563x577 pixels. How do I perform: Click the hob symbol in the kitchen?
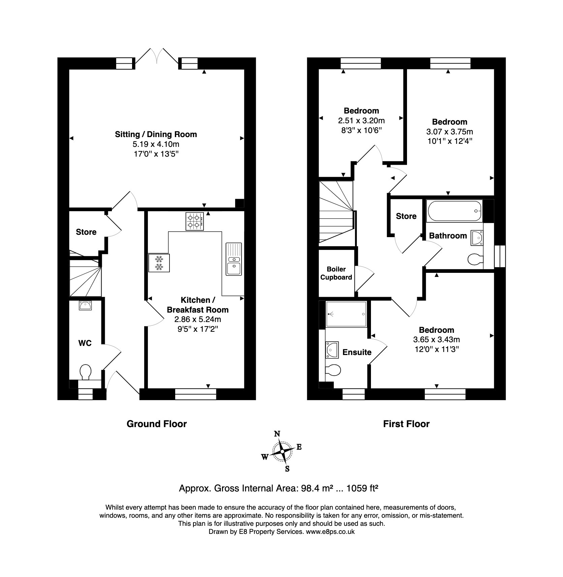(x=194, y=221)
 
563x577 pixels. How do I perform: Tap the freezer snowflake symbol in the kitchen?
(x=159, y=263)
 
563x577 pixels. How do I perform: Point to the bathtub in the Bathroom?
(x=454, y=211)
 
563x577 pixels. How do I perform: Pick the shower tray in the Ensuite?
(x=346, y=314)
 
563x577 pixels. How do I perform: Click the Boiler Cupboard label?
(x=336, y=273)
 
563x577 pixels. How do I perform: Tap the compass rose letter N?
(x=277, y=434)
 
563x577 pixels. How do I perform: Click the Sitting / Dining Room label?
(x=156, y=134)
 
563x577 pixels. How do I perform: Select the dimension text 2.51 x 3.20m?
(x=361, y=121)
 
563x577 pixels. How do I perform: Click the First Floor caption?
(x=406, y=424)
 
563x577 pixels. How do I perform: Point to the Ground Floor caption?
(x=156, y=424)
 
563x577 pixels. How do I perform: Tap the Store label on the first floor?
(x=406, y=216)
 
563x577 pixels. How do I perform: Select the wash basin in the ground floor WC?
(x=85, y=305)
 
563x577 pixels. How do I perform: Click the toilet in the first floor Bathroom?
(x=475, y=259)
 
